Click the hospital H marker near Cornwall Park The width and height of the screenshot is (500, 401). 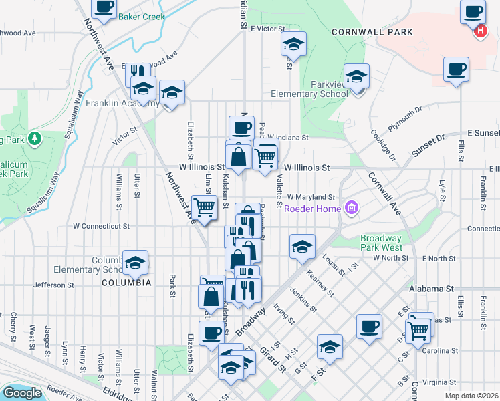click(479, 31)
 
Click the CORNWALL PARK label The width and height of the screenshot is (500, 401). click(372, 32)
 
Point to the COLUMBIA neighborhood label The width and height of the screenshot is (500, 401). click(126, 283)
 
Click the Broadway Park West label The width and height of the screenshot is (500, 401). click(380, 243)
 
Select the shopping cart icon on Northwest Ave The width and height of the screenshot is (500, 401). click(203, 207)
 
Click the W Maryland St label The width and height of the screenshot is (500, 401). click(311, 197)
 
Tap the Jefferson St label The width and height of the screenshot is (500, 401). click(53, 285)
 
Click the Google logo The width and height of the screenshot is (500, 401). click(22, 392)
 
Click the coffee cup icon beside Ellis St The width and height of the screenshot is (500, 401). click(456, 69)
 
